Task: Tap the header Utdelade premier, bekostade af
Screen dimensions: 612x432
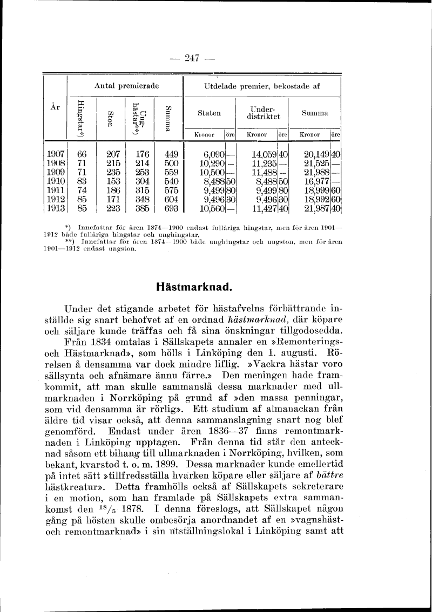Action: (x=262, y=86)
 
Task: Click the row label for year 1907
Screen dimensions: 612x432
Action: (x=56, y=154)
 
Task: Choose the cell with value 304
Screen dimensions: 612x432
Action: (x=142, y=181)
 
